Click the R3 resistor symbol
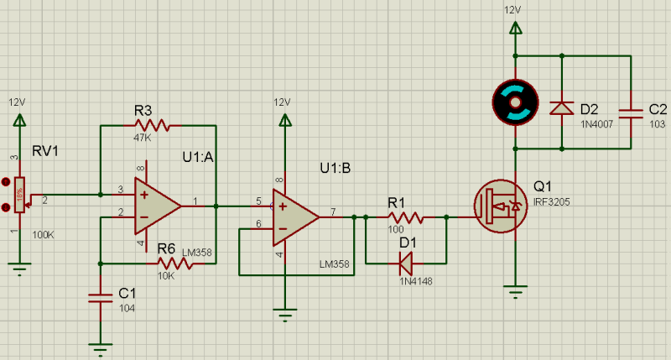click(152, 126)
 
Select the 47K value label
click(142, 138)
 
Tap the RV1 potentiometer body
click(19, 195)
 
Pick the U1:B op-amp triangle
click(296, 217)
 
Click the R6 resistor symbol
click(174, 263)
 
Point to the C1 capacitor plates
click(101, 298)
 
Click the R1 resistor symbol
click(406, 217)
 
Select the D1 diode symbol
click(406, 263)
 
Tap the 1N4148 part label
click(415, 282)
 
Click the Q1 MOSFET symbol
click(501, 206)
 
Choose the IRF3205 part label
click(552, 202)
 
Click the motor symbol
click(515, 102)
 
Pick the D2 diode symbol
click(561, 108)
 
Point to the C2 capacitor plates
click(631, 113)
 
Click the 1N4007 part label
click(596, 124)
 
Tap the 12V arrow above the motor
click(515, 29)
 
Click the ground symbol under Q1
click(515, 291)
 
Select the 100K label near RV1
click(43, 235)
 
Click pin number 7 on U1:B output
click(333, 211)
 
